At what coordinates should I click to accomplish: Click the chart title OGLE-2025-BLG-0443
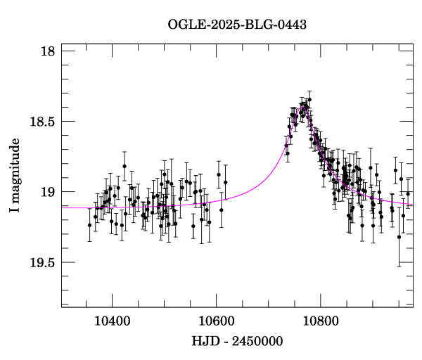tap(237, 25)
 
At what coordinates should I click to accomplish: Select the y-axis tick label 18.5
tap(44, 122)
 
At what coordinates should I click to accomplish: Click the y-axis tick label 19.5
tap(44, 262)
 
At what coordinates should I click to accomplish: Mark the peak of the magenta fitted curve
tap(304, 108)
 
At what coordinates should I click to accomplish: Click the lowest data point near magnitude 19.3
tap(399, 237)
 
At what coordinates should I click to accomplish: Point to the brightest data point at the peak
tap(309, 101)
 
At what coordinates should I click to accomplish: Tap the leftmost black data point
tap(89, 225)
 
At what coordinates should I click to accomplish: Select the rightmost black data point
tap(408, 193)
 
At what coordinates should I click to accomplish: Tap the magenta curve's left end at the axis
tap(62, 207)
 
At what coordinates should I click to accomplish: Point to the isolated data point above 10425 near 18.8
tap(124, 167)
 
